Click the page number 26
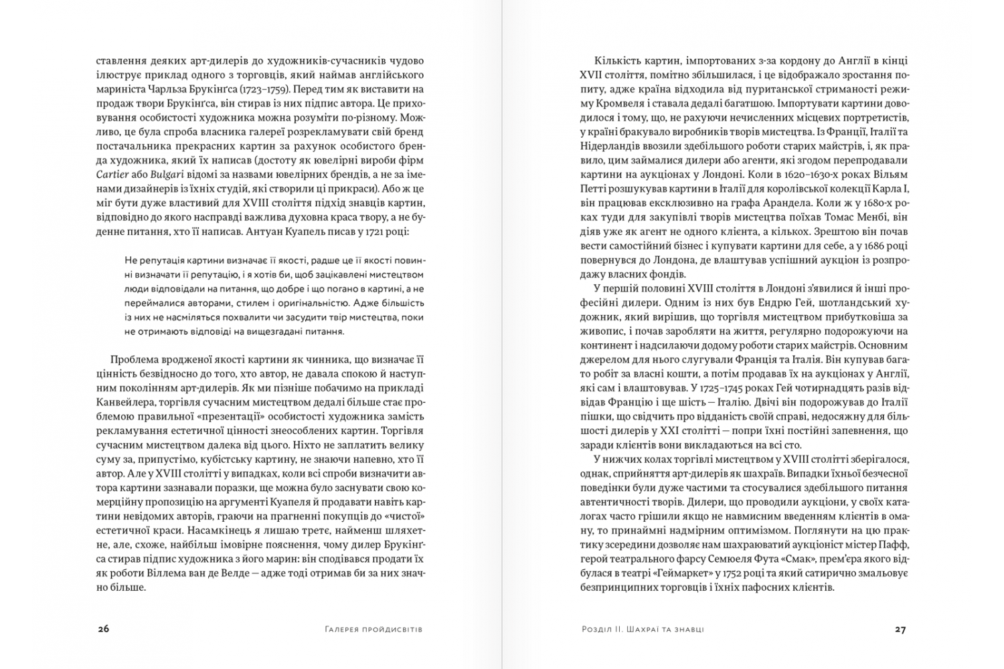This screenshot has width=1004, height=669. [103, 629]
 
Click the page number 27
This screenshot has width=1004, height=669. [900, 629]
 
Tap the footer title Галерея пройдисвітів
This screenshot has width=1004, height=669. [373, 630]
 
